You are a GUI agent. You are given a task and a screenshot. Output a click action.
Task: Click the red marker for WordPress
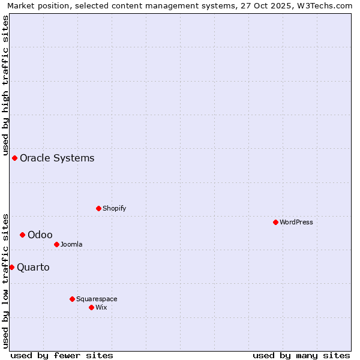275,222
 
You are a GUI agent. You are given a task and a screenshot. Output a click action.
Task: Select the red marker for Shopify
98,208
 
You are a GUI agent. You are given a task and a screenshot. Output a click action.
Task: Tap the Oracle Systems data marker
14,158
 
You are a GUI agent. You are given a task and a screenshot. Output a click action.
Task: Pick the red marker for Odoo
22,235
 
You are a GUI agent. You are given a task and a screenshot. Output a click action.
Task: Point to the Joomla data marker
56,244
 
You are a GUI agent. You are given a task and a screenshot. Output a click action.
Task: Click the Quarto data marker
11,267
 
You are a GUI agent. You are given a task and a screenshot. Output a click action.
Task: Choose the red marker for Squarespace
72,299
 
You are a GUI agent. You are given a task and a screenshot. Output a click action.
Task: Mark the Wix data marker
91,307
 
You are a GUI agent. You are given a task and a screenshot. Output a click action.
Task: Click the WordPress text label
296,222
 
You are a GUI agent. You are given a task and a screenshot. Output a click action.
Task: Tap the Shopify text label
115,208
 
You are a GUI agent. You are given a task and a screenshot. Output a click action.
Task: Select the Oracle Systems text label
57,158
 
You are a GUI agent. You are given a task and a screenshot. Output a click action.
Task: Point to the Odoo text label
40,235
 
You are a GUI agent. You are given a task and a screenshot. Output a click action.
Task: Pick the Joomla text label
71,244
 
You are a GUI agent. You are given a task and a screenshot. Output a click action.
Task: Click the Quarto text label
33,267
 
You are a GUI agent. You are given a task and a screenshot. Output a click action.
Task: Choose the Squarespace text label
97,299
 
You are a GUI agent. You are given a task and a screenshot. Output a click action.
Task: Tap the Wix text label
101,307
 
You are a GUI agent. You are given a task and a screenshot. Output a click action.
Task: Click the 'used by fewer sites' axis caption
62,355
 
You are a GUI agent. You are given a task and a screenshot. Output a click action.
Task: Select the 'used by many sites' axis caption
301,355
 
